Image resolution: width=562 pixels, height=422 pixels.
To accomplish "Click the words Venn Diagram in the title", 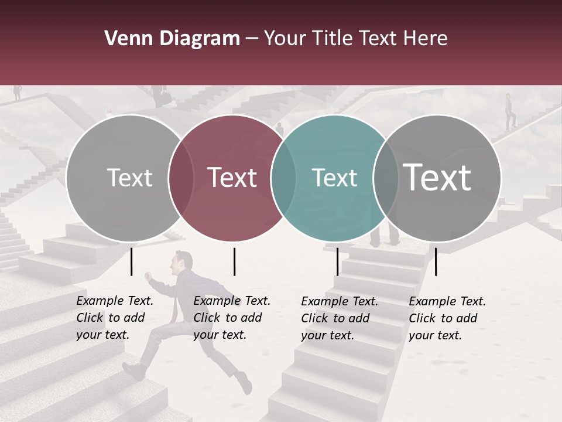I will (172, 39).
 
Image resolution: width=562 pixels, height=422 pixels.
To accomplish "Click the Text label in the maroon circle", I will (232, 178).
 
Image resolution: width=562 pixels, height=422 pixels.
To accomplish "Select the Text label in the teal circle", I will (334, 178).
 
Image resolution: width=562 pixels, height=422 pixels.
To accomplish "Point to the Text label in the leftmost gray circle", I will (129, 178).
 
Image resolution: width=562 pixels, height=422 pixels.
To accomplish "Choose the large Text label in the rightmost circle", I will (437, 177).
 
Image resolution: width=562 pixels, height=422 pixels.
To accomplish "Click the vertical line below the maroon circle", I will (234, 261).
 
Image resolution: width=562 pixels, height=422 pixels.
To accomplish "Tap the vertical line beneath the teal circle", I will (337, 261).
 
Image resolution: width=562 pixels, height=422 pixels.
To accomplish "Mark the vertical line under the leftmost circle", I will (132, 261).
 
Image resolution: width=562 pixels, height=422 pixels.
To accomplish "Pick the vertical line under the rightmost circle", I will (436, 261).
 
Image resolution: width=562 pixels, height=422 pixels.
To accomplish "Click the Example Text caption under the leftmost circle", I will (114, 318).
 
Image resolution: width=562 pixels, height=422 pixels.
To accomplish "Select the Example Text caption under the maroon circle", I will (231, 318).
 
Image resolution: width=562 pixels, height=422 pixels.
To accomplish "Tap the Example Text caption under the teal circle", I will (339, 318).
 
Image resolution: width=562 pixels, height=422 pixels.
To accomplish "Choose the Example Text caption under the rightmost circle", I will (447, 318).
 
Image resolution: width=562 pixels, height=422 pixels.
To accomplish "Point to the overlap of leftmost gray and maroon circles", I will (181, 178).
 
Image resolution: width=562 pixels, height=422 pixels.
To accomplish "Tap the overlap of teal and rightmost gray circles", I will (386, 178).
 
